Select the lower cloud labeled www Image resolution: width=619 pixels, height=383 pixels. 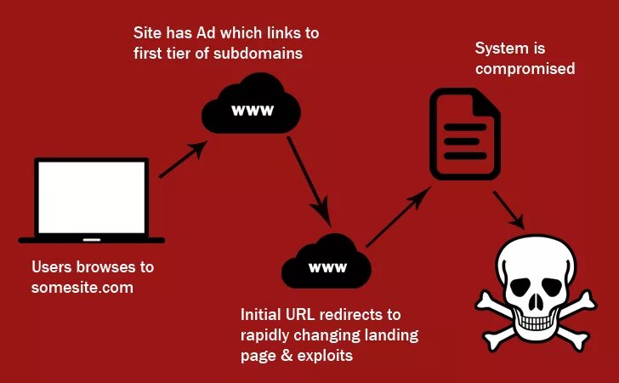pyautogui.click(x=327, y=264)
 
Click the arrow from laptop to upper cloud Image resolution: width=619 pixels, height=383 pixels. pyautogui.click(x=182, y=160)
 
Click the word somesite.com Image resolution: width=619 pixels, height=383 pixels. pyautogui.click(x=82, y=288)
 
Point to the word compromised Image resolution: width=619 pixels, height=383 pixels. pyautogui.click(x=525, y=68)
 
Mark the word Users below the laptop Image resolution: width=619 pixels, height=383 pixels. pyautogui.click(x=54, y=266)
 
